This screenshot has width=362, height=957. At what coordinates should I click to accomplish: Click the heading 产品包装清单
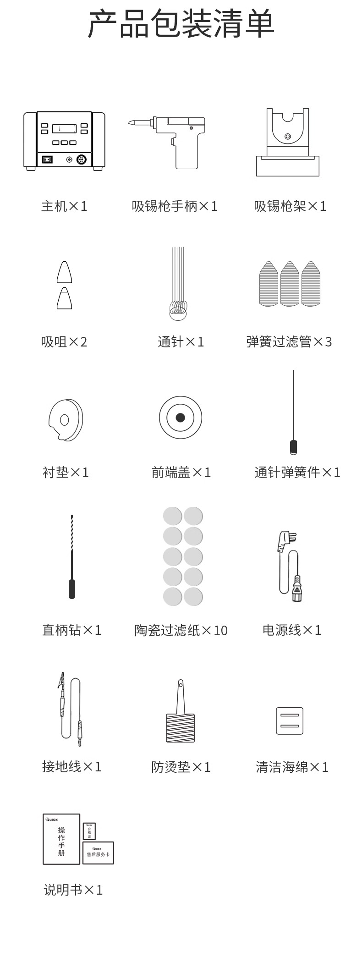pyautogui.click(x=181, y=24)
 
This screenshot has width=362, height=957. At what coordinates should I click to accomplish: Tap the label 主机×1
pyautogui.click(x=64, y=206)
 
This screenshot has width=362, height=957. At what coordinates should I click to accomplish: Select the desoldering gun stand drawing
pyautogui.click(x=288, y=142)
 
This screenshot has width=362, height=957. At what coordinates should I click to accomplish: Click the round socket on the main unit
pyautogui.click(x=82, y=159)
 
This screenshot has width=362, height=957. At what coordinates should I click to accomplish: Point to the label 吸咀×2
pyautogui.click(x=64, y=342)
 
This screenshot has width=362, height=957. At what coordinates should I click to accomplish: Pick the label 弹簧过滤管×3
pyautogui.click(x=289, y=342)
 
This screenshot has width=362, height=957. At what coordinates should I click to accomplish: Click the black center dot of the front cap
pyautogui.click(x=181, y=418)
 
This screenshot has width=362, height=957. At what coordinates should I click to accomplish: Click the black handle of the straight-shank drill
pyautogui.click(x=72, y=589)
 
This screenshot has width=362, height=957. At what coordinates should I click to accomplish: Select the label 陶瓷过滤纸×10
pyautogui.click(x=181, y=630)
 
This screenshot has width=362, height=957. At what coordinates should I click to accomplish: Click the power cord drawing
pyautogui.click(x=290, y=566)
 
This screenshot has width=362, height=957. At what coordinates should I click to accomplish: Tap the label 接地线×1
pyautogui.click(x=72, y=766)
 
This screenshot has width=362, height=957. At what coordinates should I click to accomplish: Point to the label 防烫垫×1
pyautogui.click(x=181, y=767)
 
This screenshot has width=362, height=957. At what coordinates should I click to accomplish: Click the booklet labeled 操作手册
pyautogui.click(x=61, y=839)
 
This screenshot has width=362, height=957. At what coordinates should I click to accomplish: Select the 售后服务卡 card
pyautogui.click(x=98, y=853)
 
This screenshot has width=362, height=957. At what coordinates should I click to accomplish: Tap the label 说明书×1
pyautogui.click(x=73, y=890)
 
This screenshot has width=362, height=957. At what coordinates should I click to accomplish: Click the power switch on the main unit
pyautogui.click(x=47, y=159)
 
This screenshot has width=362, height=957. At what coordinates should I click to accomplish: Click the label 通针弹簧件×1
pyautogui.click(x=297, y=473)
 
